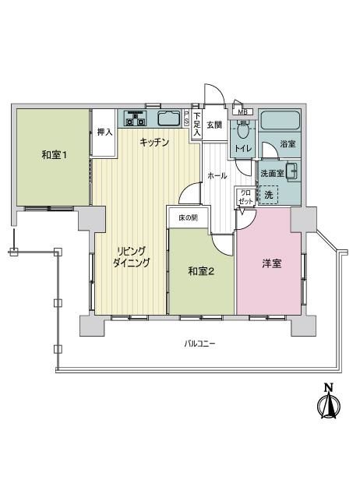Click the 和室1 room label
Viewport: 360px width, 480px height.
(54, 155)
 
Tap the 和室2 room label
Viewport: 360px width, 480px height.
(201, 271)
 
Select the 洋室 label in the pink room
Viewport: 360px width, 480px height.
(271, 263)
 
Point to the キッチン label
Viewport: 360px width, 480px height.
(154, 143)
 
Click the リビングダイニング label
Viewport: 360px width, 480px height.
(132, 257)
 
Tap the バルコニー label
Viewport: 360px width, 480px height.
(199, 344)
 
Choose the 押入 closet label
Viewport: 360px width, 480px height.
(104, 132)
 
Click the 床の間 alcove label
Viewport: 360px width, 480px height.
(188, 217)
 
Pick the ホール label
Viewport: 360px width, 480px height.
(217, 176)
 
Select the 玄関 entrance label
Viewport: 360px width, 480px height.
(214, 125)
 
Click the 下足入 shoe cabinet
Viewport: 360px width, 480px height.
(197, 125)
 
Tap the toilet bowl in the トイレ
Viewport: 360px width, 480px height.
(243, 132)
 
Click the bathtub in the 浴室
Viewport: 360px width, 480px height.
(280, 120)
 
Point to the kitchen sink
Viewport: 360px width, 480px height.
(169, 118)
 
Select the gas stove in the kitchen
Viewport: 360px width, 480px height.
(135, 118)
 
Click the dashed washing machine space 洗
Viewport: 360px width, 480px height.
(269, 195)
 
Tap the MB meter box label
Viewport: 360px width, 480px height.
(243, 112)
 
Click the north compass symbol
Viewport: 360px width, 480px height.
(329, 405)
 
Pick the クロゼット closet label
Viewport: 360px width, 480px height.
(245, 197)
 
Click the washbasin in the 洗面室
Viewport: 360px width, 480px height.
(291, 171)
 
